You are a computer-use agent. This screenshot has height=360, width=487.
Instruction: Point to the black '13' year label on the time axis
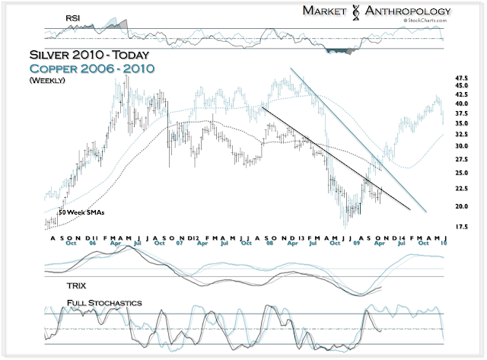pos(301,237)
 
